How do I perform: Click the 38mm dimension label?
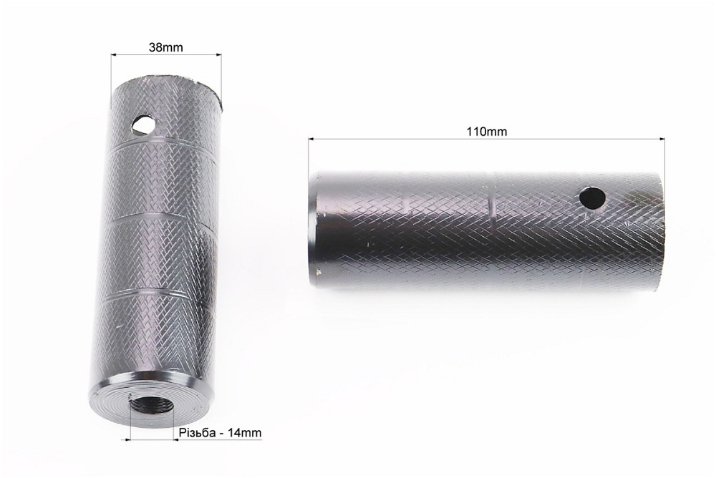coord(166,47)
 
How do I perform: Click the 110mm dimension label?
coord(486,132)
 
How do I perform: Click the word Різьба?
coord(197,433)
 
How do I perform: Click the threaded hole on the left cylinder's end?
coord(152,404)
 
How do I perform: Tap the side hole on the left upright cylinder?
coord(143,125)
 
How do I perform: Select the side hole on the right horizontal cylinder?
coord(592,197)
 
